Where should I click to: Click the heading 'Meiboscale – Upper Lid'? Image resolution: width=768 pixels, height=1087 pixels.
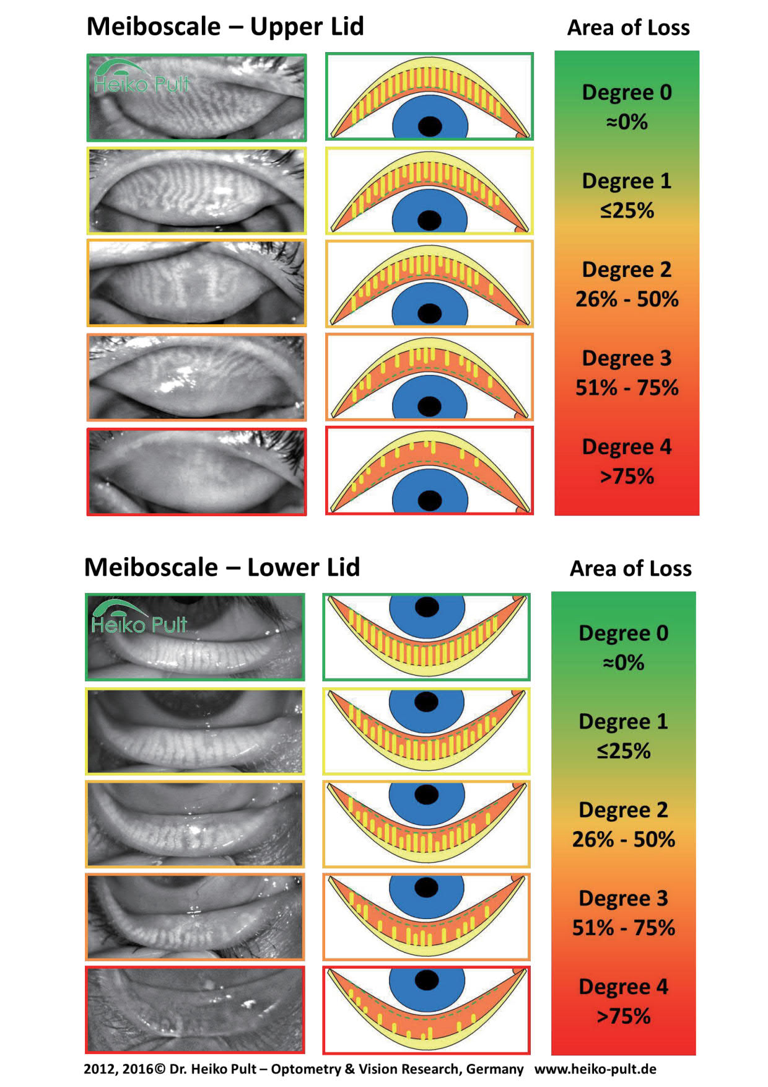click(x=225, y=27)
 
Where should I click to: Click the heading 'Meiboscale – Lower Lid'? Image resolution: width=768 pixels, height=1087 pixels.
click(x=222, y=567)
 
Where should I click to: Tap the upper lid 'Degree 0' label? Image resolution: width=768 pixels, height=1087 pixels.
click(x=627, y=92)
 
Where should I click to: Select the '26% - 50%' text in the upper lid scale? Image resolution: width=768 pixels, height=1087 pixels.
click(x=627, y=299)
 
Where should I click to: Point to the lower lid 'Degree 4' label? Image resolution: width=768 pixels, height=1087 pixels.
click(x=624, y=987)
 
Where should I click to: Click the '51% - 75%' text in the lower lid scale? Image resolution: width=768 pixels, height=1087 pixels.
click(x=624, y=928)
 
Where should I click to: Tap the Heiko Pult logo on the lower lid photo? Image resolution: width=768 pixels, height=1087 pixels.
click(x=139, y=617)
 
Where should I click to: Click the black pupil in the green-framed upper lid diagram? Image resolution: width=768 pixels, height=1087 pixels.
click(x=430, y=126)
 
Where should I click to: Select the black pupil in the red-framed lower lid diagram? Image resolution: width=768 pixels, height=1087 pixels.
click(x=427, y=980)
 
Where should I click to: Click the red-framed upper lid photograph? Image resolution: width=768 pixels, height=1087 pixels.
click(x=196, y=471)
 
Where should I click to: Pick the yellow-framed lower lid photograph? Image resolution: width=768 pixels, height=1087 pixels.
click(x=195, y=731)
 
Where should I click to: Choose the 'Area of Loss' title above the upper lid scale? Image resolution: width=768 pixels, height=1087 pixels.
click(x=629, y=28)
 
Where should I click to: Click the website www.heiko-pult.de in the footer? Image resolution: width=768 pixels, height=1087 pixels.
click(x=595, y=1069)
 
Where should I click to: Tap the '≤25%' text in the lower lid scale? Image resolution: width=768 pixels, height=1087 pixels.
click(x=624, y=751)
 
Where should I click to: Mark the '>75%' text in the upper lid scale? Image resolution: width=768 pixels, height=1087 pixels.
click(x=627, y=477)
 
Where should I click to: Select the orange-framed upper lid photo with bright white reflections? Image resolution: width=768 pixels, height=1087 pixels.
click(x=196, y=377)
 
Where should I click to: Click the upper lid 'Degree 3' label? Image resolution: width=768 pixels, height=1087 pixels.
click(x=627, y=358)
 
